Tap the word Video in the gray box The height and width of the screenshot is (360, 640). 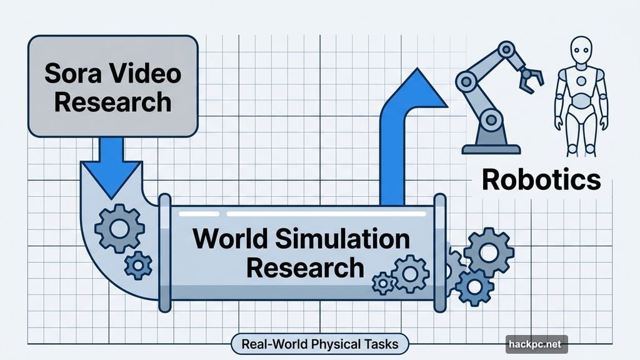pyautogui.click(x=143, y=74)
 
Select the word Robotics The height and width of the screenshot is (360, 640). pyautogui.click(x=541, y=179)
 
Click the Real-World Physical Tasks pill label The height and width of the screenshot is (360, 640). pyautogui.click(x=319, y=343)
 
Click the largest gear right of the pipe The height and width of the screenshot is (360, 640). pyautogui.click(x=489, y=252)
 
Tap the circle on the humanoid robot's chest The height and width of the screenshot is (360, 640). pyautogui.click(x=581, y=81)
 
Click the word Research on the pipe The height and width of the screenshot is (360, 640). pyautogui.click(x=304, y=267)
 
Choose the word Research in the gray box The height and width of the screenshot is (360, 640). pyautogui.click(x=112, y=101)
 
